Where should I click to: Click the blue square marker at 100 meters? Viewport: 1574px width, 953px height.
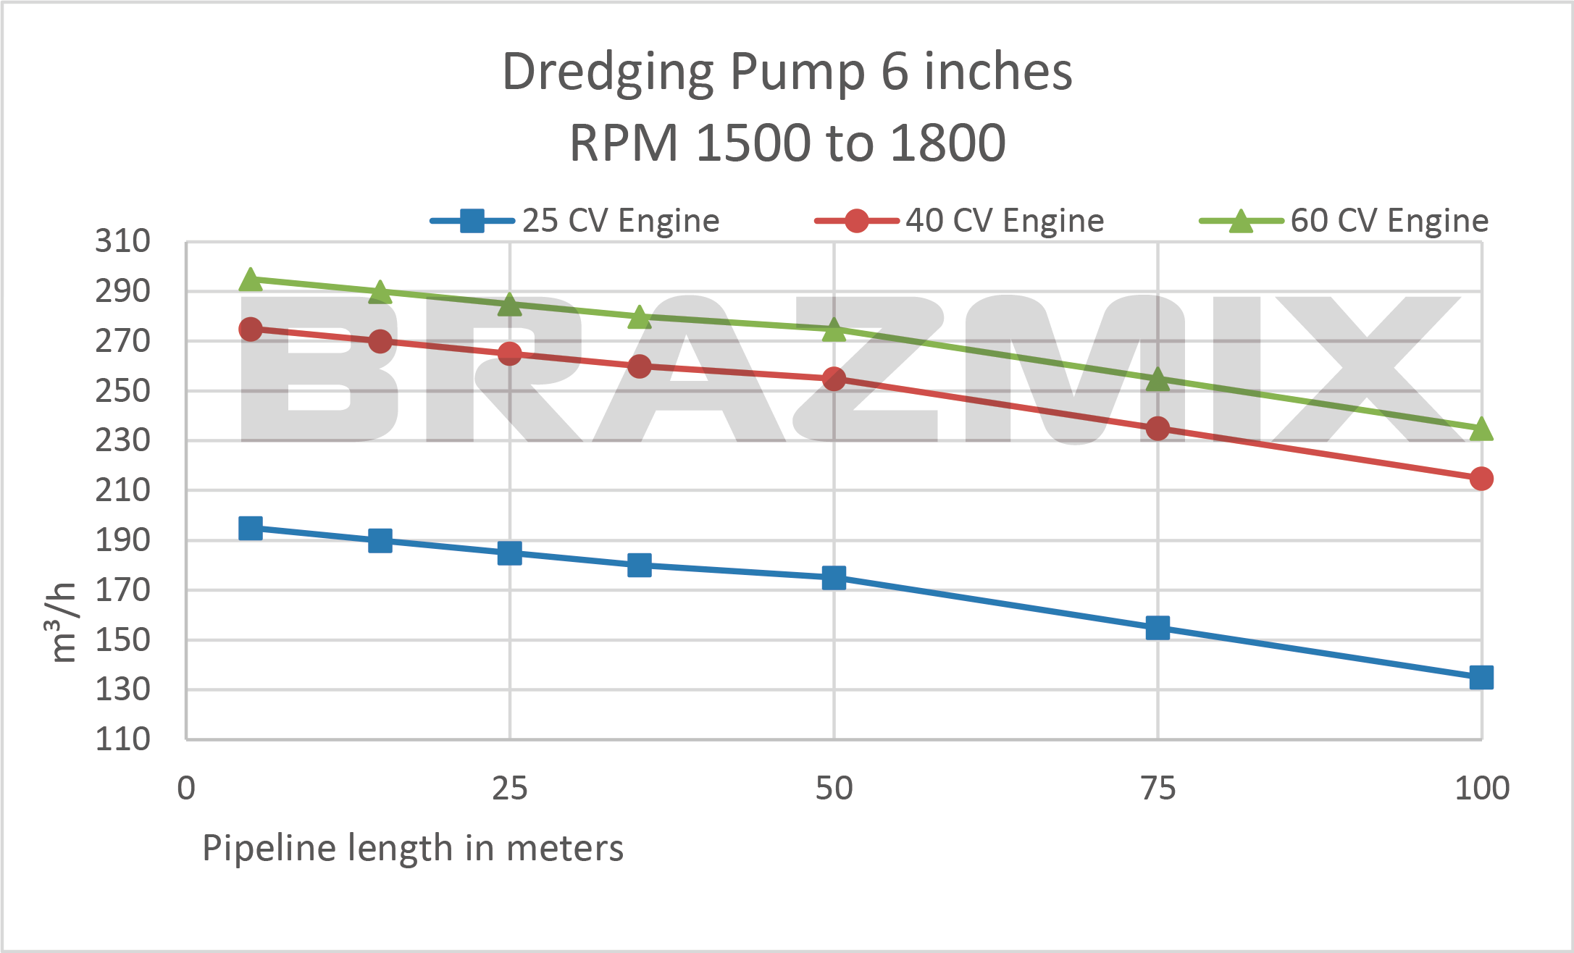click(1481, 678)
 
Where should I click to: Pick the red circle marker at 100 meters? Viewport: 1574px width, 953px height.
click(1481, 479)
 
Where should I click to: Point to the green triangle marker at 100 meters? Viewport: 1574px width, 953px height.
click(1481, 429)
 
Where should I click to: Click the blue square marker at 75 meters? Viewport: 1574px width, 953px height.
click(1158, 628)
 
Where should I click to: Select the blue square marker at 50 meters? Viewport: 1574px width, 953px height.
click(834, 578)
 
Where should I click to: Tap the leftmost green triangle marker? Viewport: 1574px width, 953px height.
click(251, 280)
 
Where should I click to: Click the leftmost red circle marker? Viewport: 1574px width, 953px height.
click(251, 329)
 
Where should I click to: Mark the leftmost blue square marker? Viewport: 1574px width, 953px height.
click(251, 529)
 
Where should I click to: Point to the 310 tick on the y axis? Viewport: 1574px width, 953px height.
click(122, 241)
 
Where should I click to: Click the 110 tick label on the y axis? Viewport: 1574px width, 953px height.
click(122, 739)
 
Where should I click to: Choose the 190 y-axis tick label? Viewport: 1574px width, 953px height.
click(122, 540)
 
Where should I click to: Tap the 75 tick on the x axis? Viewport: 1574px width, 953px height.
click(1158, 789)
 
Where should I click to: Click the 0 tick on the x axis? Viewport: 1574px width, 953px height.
click(186, 789)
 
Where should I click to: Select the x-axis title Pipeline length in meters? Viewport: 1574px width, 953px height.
click(413, 848)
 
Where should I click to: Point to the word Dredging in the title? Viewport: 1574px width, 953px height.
click(609, 72)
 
